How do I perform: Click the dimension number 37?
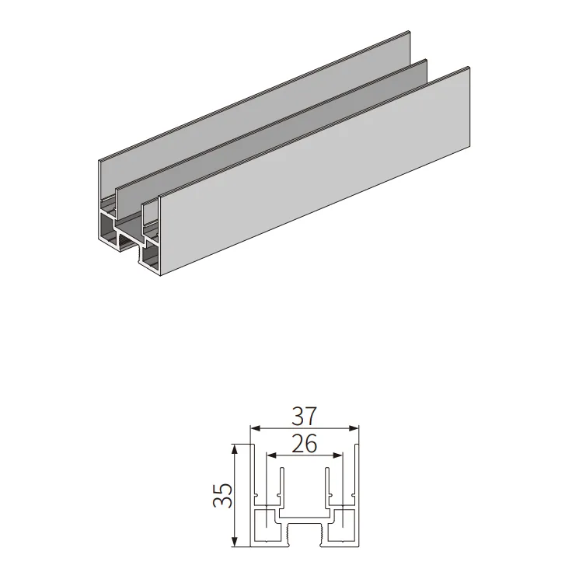tap(304, 417)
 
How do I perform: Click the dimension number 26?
tap(304, 444)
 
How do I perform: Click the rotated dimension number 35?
tap(223, 495)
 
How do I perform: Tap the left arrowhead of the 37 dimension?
tap(256, 428)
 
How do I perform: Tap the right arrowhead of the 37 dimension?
tap(353, 428)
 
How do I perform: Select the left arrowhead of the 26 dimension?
tap(271, 455)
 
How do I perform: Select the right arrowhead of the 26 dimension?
tap(337, 455)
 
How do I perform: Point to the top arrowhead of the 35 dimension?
tap(235, 449)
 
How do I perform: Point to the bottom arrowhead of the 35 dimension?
tap(235, 542)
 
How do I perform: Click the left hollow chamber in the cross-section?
tap(267, 526)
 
